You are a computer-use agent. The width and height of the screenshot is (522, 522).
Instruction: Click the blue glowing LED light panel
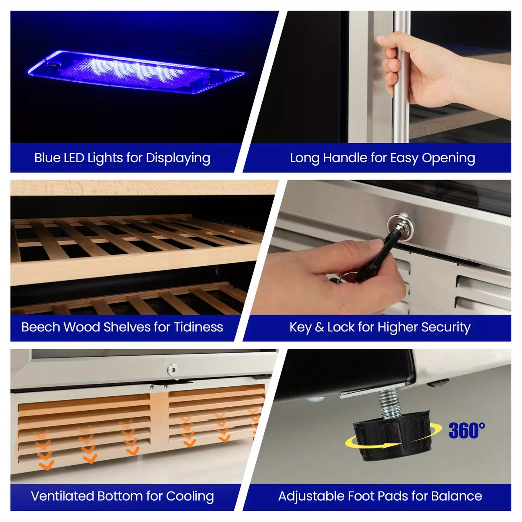click(x=137, y=72)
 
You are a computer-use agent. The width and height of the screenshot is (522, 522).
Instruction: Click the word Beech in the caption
click(x=40, y=327)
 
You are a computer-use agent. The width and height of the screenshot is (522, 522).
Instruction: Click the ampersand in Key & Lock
click(x=319, y=327)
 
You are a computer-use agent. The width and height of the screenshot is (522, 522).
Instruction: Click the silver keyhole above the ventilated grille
click(x=172, y=369)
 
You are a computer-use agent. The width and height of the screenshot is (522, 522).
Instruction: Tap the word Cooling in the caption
click(x=190, y=497)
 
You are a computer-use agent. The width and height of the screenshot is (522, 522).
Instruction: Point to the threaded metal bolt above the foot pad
click(x=389, y=402)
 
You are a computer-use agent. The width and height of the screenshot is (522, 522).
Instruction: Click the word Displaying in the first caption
click(x=178, y=158)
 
